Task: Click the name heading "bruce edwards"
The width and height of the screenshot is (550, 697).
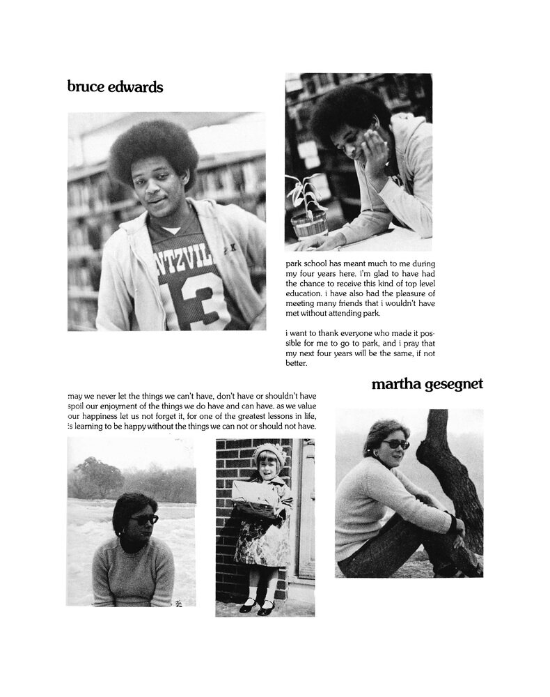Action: pyautogui.click(x=115, y=86)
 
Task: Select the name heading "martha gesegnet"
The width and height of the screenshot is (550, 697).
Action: pyautogui.click(x=427, y=383)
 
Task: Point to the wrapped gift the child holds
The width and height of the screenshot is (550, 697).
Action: pyautogui.click(x=255, y=496)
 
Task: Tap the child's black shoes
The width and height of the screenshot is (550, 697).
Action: pyautogui.click(x=256, y=605)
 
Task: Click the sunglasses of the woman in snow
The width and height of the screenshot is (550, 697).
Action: pyautogui.click(x=143, y=519)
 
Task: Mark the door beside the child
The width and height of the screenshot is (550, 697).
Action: pyautogui.click(x=305, y=509)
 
